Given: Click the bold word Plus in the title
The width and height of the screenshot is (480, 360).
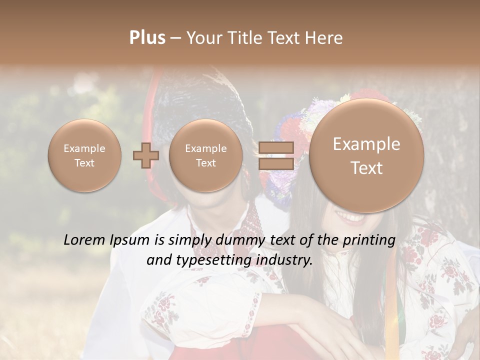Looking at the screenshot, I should point(147,38).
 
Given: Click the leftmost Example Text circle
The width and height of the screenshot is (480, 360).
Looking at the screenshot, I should point(84,155).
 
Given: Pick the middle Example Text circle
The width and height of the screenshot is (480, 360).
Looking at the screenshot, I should point(205,155).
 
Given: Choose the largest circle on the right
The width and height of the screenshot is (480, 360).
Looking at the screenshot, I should point(366,155).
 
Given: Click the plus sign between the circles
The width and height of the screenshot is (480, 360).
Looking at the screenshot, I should point(145,155).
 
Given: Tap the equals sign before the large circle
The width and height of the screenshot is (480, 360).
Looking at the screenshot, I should point(275,156).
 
